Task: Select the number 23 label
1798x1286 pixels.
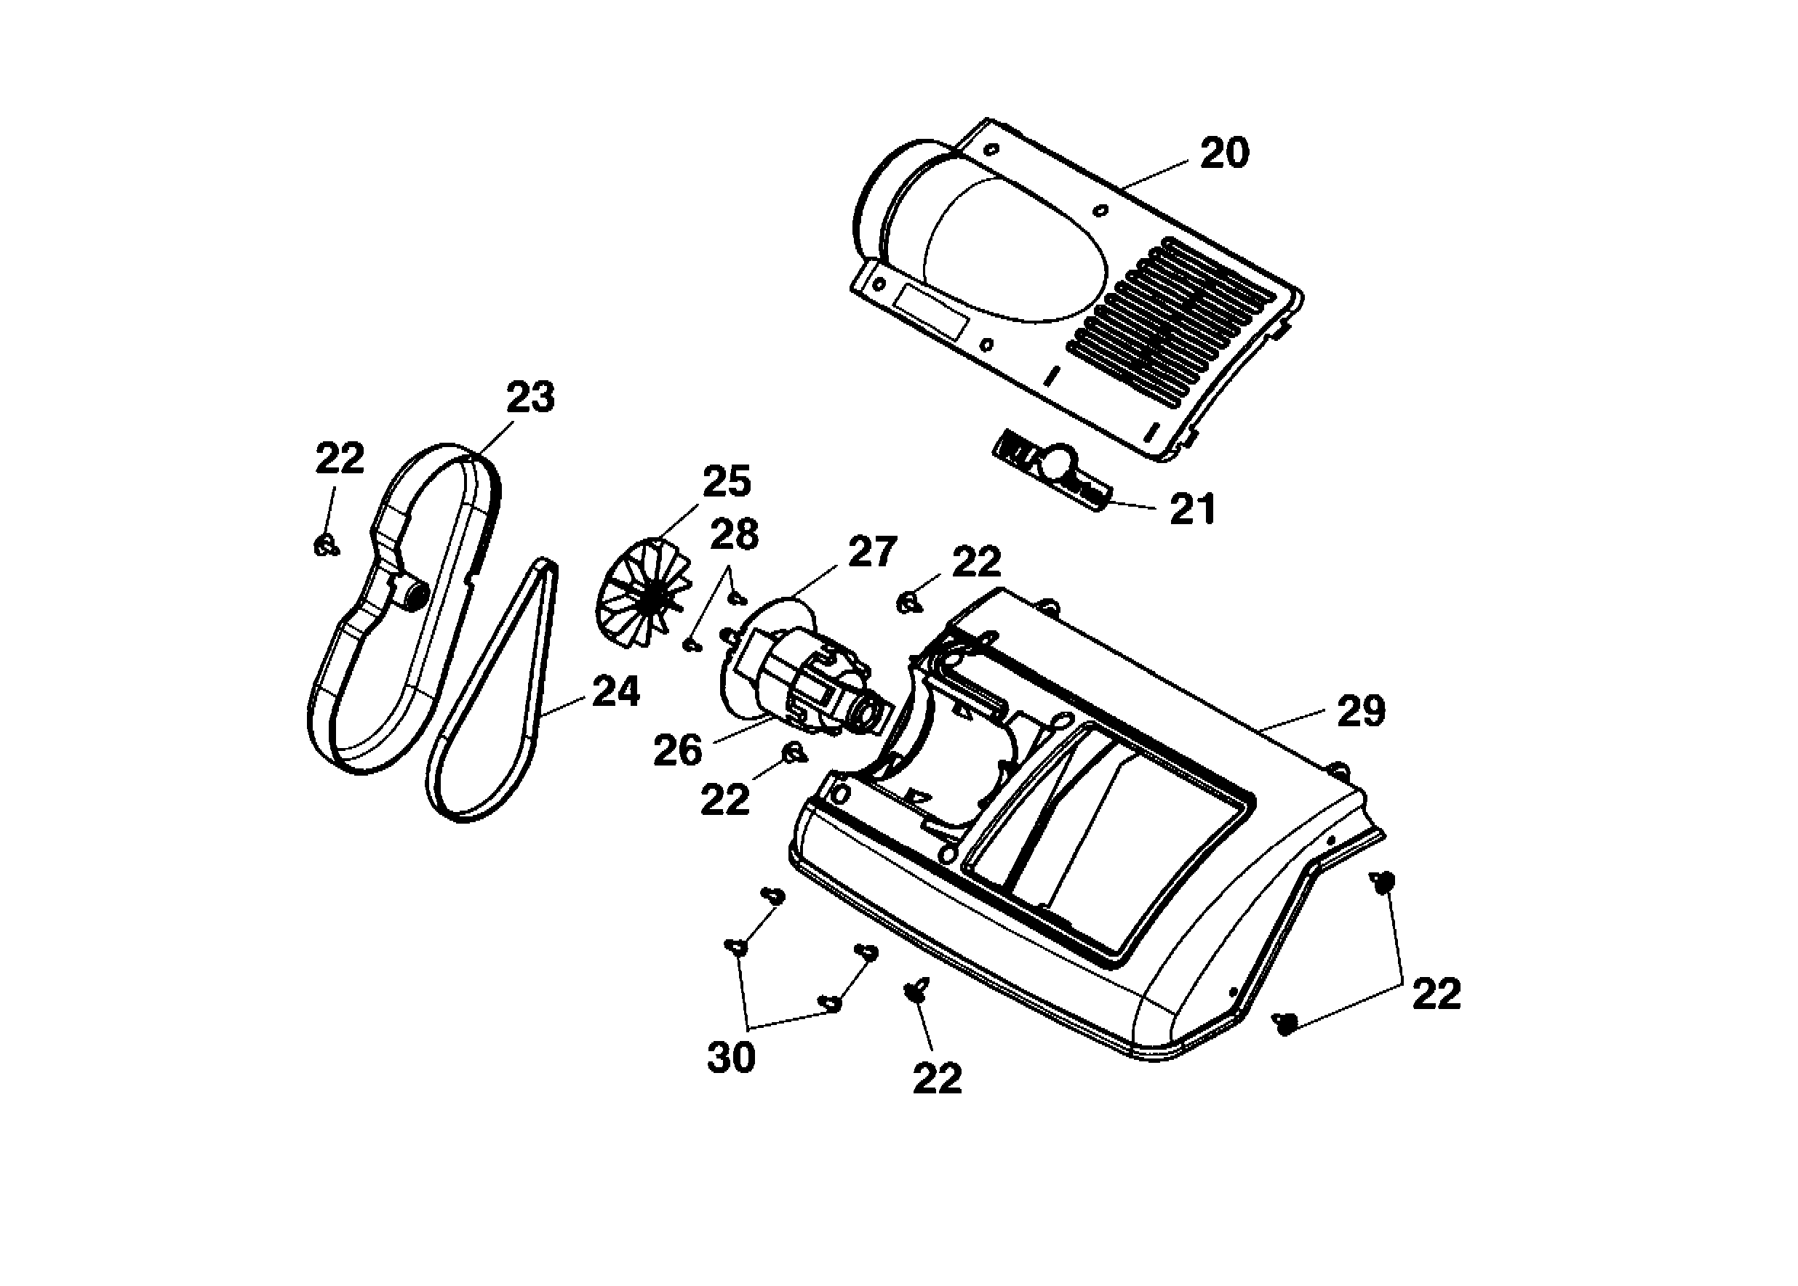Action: tap(530, 397)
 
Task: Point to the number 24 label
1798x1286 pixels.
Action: tap(615, 692)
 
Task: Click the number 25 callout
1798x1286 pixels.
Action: tap(726, 482)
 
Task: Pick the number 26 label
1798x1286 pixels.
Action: tap(677, 750)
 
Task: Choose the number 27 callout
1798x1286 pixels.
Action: tap(872, 552)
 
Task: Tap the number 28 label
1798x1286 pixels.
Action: tap(734, 535)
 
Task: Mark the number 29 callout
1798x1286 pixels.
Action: tap(1361, 711)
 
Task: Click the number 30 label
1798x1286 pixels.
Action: tap(730, 1057)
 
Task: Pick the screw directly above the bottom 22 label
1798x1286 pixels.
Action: tap(916, 989)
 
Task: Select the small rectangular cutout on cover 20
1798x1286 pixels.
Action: tap(931, 310)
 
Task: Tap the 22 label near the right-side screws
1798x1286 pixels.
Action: tap(1436, 994)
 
